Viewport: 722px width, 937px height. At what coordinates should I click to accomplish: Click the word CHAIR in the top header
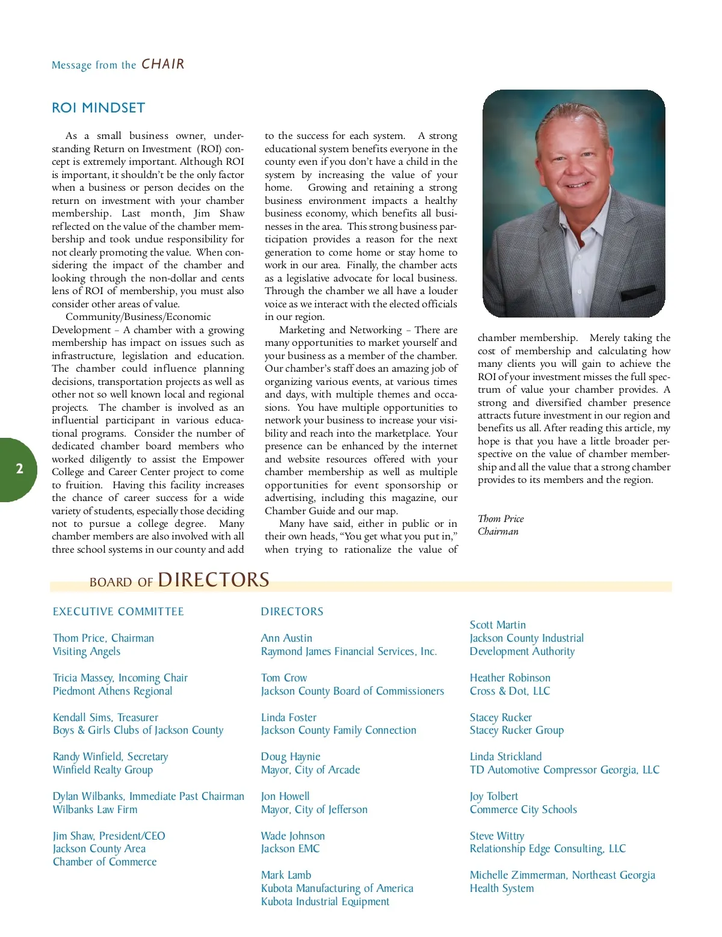coord(163,64)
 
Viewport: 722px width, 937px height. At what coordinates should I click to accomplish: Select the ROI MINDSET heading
coord(99,108)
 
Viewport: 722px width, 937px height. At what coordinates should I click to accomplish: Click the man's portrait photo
coord(573,203)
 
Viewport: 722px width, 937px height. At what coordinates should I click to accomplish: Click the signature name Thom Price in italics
coord(501,518)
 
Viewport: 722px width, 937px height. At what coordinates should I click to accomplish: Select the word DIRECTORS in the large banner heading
coord(214,580)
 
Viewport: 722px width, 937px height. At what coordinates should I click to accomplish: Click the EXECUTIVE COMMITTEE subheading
coord(119,612)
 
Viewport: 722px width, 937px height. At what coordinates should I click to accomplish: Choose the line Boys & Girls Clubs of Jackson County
coord(138,730)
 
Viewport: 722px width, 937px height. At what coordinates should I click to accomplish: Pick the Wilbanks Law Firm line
coord(95,810)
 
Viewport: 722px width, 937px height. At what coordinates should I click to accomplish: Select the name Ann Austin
coord(286,638)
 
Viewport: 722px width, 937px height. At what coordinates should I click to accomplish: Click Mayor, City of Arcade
coord(310,770)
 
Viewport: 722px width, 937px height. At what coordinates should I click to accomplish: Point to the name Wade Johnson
coord(293,836)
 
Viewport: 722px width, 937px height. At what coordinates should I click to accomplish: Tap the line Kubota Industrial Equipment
coord(325,902)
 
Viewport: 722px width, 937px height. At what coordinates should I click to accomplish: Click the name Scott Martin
coord(498,625)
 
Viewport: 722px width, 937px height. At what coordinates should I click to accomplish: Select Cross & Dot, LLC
coord(510,691)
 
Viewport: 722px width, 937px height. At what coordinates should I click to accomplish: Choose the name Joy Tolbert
coord(494,796)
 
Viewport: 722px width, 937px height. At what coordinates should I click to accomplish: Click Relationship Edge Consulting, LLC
coord(548,849)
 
